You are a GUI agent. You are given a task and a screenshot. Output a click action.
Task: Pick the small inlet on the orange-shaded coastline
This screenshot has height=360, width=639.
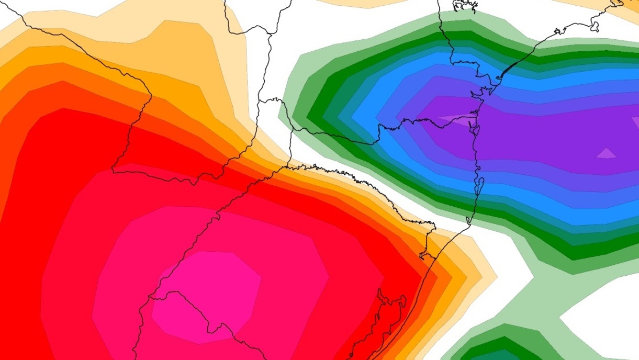(425, 255)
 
